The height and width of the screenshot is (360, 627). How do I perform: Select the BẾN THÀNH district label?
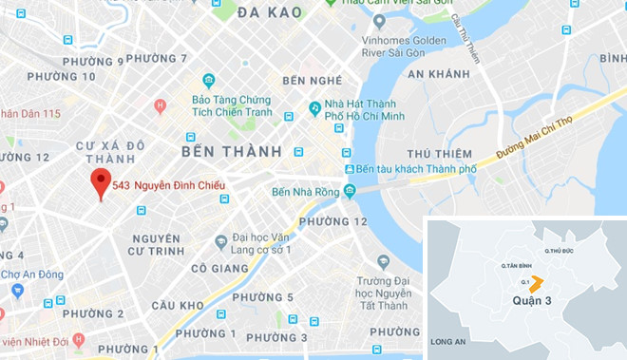pos(231,151)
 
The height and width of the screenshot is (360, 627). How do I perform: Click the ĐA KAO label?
pos(270,12)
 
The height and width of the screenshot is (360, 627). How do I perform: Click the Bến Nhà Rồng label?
pos(305,191)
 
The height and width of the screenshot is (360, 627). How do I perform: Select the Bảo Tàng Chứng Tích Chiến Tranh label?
pos(232,106)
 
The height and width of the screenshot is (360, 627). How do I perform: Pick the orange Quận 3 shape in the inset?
pos(537,282)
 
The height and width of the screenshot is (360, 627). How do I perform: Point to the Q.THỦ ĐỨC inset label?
pos(559,250)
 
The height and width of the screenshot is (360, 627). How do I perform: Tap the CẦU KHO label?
pos(177,305)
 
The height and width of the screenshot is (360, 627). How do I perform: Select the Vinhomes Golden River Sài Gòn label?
pos(410,48)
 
